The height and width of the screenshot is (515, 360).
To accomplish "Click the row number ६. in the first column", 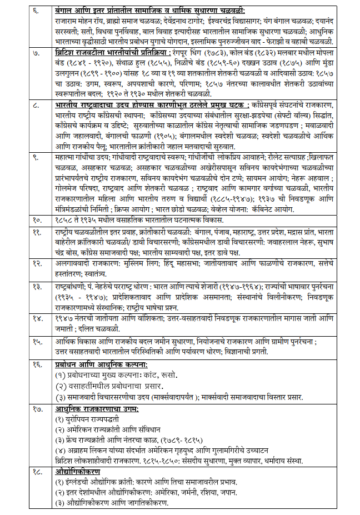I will point(37,9).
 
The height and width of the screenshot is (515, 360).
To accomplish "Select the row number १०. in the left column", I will point(38,220).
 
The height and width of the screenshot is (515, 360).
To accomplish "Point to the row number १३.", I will point(38,285).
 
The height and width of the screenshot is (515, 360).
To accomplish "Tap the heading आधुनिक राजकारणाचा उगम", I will point(96,409).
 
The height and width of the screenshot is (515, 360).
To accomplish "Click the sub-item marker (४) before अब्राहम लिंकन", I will point(61,449).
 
